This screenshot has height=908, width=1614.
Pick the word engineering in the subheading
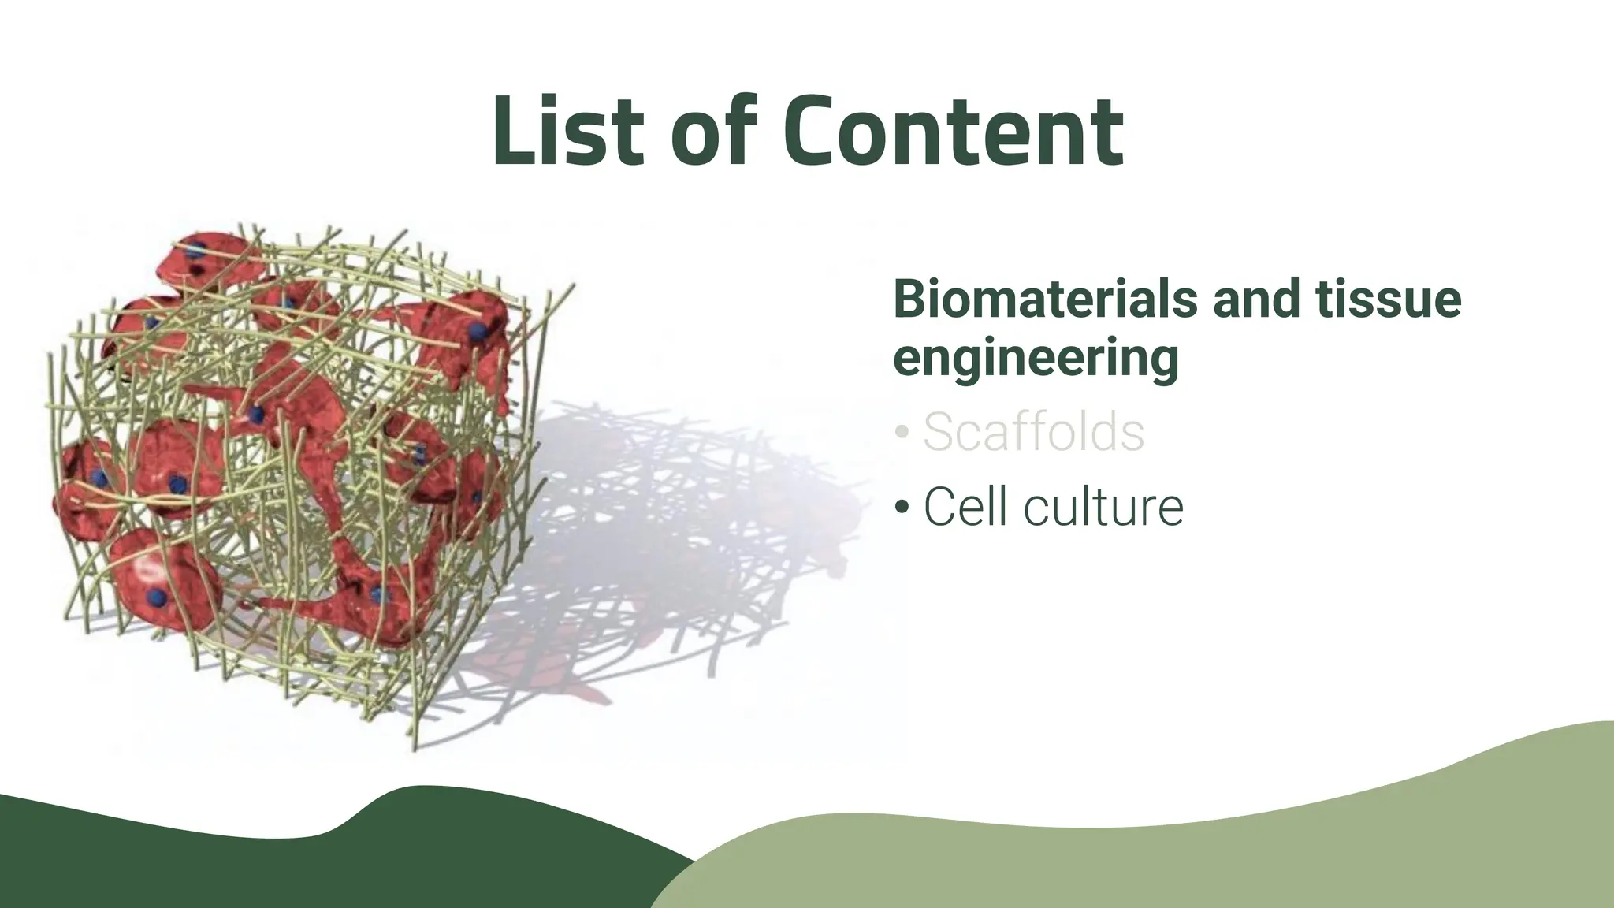click(x=1036, y=359)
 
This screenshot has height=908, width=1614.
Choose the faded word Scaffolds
click(x=1033, y=432)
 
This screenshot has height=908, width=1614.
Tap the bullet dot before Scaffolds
click(x=902, y=434)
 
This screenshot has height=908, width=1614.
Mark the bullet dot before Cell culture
click(x=902, y=508)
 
